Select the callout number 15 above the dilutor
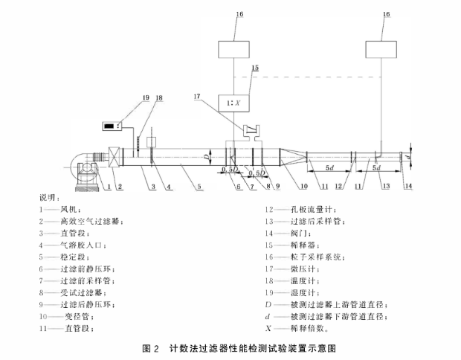pos(255,68)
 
